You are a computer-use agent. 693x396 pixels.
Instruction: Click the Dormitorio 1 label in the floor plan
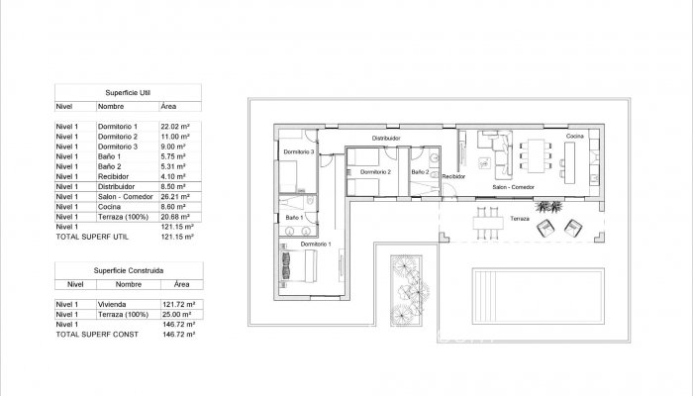click(317, 243)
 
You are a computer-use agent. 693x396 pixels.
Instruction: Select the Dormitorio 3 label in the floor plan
click(298, 152)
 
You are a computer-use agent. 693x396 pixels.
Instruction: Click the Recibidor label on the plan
click(453, 175)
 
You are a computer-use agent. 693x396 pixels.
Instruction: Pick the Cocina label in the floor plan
click(575, 136)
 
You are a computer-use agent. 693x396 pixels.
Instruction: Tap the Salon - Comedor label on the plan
click(515, 186)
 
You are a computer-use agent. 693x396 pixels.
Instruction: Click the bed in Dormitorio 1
click(297, 265)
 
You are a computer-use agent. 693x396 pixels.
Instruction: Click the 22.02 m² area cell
click(174, 127)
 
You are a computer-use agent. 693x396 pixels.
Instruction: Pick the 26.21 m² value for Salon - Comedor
click(174, 196)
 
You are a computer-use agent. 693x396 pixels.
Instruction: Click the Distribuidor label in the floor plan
click(386, 139)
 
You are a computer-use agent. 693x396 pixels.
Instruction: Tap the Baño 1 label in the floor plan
click(293, 216)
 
